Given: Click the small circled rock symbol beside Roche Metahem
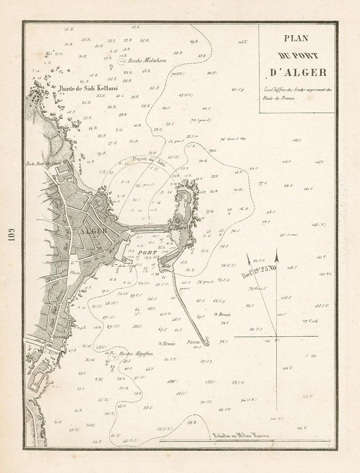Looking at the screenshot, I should pos(121,62).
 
